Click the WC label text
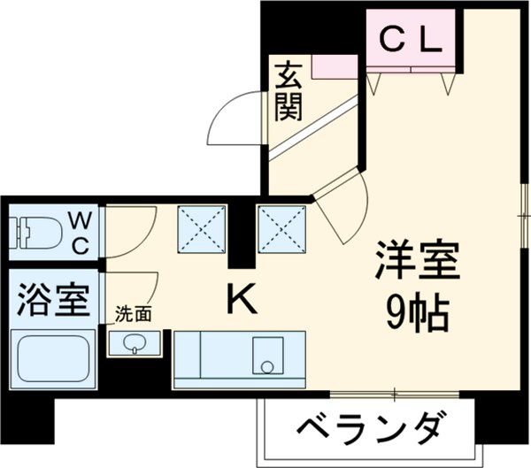pos(79,233)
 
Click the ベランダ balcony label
pos(366,433)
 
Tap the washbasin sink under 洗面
pos(135,342)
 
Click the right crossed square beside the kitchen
pos(281,228)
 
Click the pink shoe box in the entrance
pos(335,65)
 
